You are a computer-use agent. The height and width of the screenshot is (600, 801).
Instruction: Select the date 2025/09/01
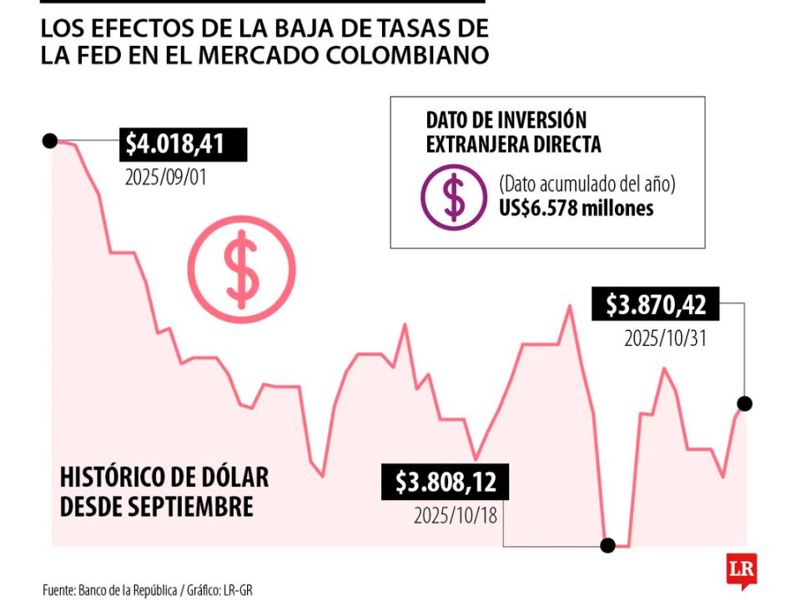tap(164, 177)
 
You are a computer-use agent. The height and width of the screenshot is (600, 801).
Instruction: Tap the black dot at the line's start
tap(49, 141)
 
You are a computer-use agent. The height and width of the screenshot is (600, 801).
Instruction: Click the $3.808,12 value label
tap(445, 482)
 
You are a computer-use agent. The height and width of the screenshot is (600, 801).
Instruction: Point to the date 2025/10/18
tap(456, 516)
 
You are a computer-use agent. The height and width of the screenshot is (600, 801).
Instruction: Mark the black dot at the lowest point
tap(608, 545)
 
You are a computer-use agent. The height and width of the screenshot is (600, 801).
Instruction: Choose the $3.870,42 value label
tap(656, 305)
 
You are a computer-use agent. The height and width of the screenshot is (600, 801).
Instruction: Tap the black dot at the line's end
tap(745, 403)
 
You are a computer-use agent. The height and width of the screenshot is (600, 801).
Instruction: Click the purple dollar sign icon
tap(454, 197)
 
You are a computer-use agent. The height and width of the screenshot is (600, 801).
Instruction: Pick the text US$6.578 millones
tap(576, 208)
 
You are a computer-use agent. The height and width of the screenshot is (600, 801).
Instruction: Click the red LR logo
tap(741, 570)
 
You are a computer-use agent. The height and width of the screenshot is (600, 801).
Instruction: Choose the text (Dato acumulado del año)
tap(587, 184)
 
